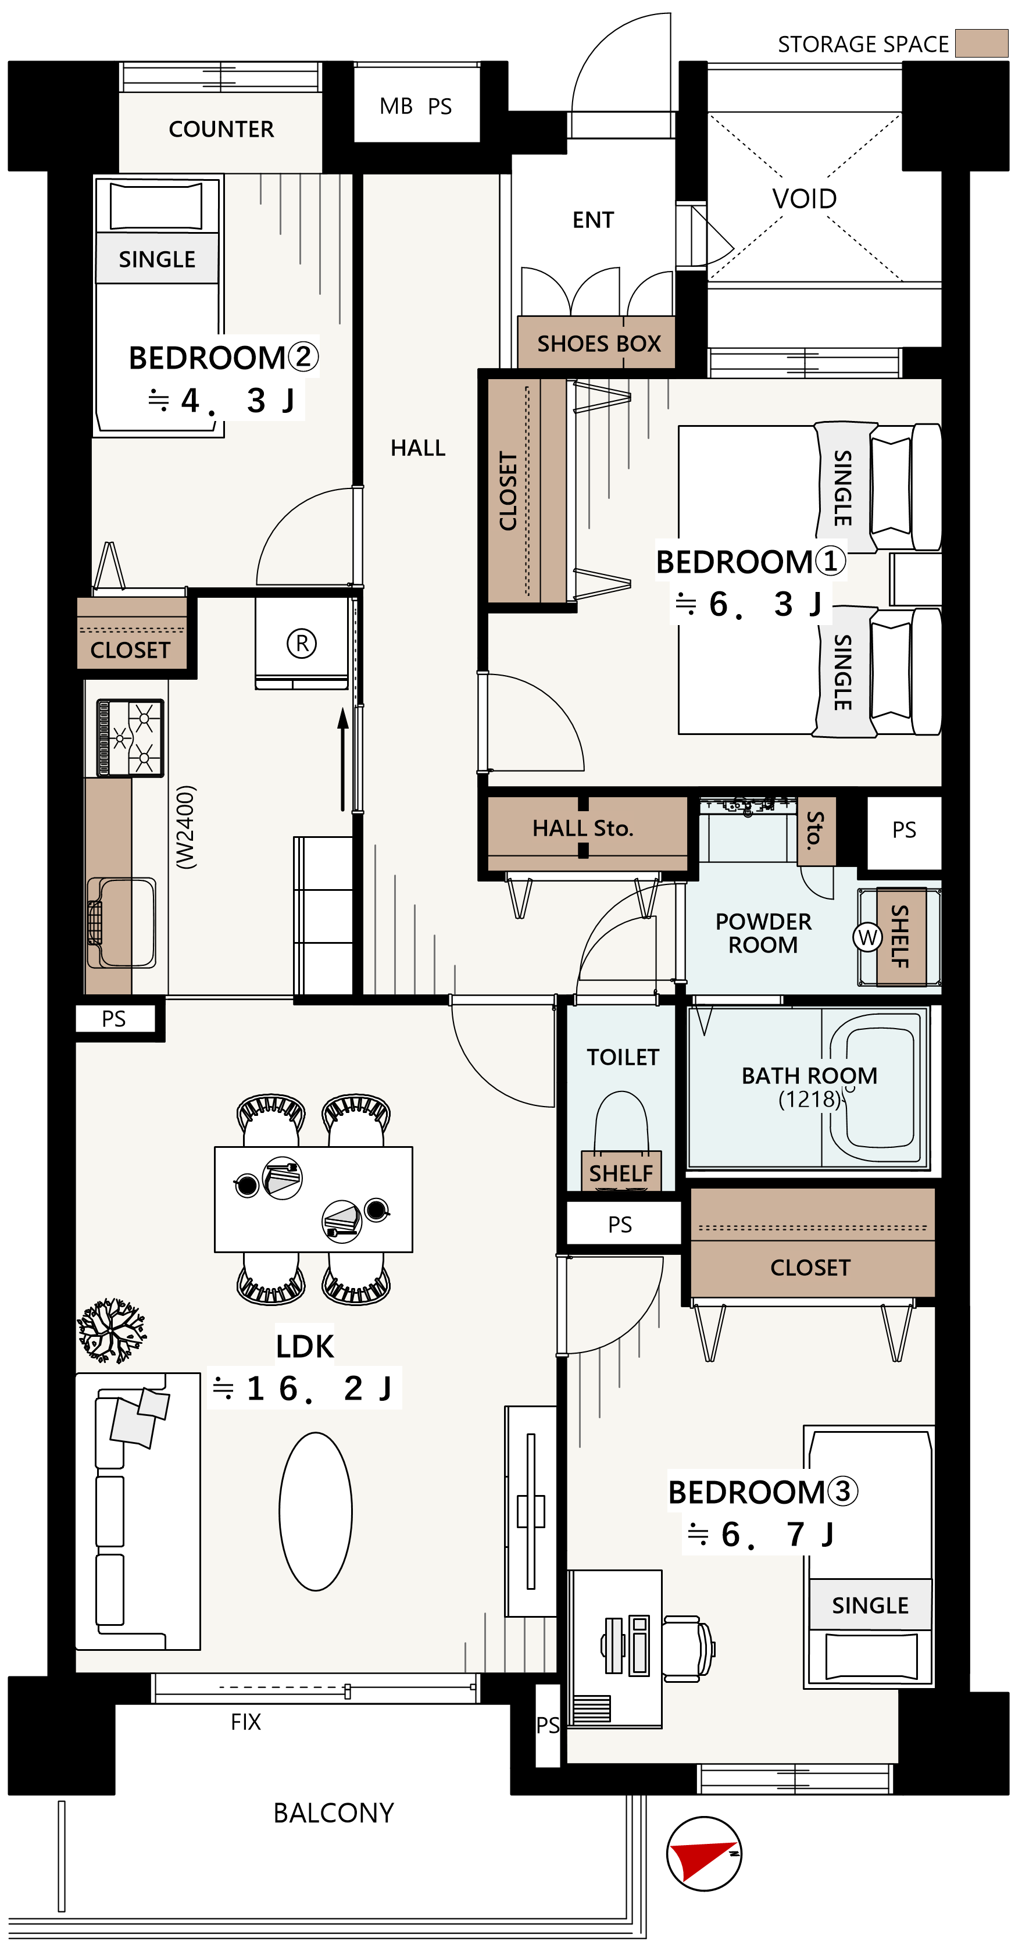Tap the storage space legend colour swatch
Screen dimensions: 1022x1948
click(981, 43)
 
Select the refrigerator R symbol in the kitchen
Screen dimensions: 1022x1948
click(302, 644)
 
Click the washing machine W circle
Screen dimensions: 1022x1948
click(867, 938)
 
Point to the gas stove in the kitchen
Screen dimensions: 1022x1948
click(130, 738)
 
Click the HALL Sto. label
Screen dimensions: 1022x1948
click(583, 828)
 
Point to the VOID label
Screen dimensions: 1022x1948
click(805, 199)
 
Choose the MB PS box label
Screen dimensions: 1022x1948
click(416, 106)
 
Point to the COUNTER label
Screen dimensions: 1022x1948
click(221, 129)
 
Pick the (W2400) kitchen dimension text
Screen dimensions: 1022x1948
click(186, 827)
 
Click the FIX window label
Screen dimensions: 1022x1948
click(246, 1722)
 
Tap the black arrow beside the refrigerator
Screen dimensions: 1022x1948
click(343, 758)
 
